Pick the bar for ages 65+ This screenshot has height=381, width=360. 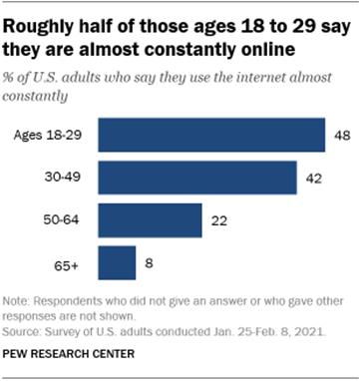pyautogui.click(x=118, y=265)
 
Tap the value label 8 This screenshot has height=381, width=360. pyautogui.click(x=148, y=265)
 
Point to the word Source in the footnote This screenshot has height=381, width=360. pyautogui.click(x=23, y=336)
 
